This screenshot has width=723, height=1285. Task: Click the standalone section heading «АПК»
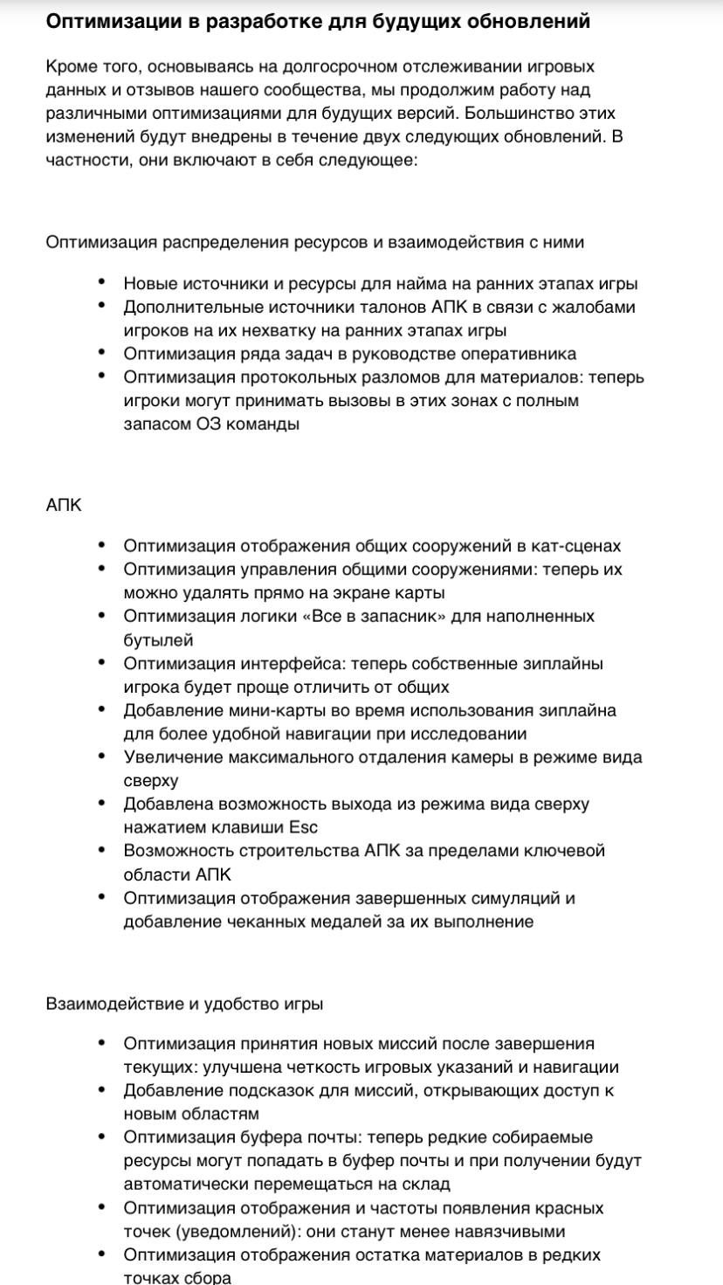click(64, 505)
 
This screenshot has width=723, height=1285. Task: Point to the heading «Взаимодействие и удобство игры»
click(184, 1005)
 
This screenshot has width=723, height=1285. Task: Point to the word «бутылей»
click(157, 640)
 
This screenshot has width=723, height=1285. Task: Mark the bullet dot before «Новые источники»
click(103, 282)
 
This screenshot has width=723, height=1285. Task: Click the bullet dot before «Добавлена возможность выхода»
click(103, 802)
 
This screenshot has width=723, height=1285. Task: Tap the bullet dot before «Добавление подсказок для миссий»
click(103, 1089)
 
